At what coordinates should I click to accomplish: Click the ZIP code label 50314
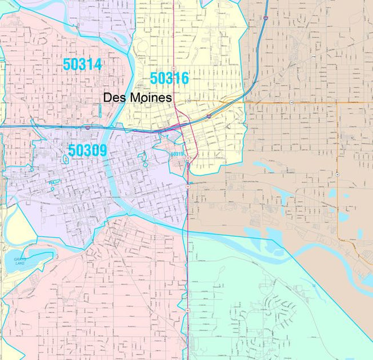pyautogui.click(x=82, y=65)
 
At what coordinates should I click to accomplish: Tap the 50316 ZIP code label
pyautogui.click(x=169, y=78)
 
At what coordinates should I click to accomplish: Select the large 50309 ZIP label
pyautogui.click(x=87, y=150)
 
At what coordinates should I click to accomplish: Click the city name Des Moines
pyautogui.click(x=137, y=98)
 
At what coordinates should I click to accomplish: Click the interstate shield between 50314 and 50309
pyautogui.click(x=87, y=128)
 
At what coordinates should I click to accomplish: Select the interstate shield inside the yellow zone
pyautogui.click(x=209, y=116)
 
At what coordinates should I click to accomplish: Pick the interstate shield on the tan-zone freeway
pyautogui.click(x=266, y=18)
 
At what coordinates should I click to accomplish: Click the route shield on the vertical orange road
pyautogui.click(x=338, y=174)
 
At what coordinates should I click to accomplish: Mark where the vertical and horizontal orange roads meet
pyautogui.click(x=338, y=103)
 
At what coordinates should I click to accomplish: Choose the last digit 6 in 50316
pyautogui.click(x=184, y=78)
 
